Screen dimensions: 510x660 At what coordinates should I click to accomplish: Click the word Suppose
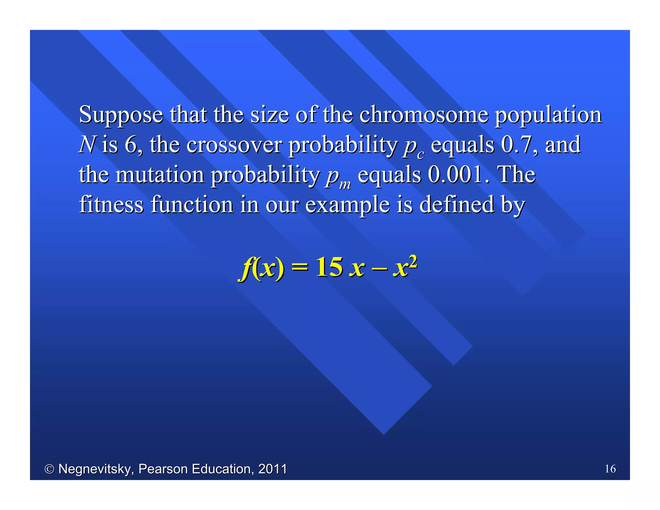121,115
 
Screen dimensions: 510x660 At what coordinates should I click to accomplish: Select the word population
548,115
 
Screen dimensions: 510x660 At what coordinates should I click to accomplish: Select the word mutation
160,174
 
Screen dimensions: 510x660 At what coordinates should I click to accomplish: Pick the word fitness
111,204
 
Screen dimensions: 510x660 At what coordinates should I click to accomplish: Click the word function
192,204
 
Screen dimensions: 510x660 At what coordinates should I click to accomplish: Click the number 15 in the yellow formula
329,267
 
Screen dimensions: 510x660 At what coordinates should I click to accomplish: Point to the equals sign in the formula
299,267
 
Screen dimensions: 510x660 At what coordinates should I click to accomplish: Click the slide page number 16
610,469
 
